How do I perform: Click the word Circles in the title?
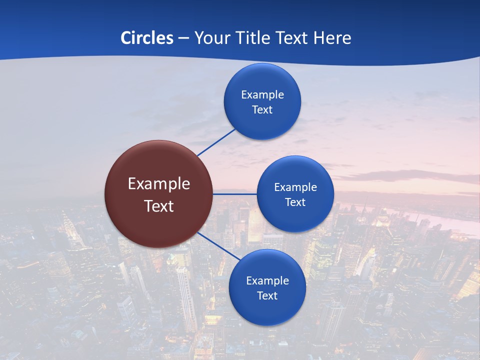point(146,38)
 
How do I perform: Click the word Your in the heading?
point(209,38)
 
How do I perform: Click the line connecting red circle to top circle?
point(216,142)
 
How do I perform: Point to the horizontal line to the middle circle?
point(234,194)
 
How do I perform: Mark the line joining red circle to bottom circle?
point(218,245)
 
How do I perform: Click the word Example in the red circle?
point(159,183)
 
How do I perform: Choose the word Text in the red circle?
point(159,206)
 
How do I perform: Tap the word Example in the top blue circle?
point(262,94)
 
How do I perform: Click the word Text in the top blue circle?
point(262,109)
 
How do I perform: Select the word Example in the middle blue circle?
point(295,187)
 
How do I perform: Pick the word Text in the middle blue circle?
point(295,202)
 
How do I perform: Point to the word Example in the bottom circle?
point(267,280)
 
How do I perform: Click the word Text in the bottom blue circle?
point(267,295)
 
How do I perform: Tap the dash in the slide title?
point(183,38)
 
